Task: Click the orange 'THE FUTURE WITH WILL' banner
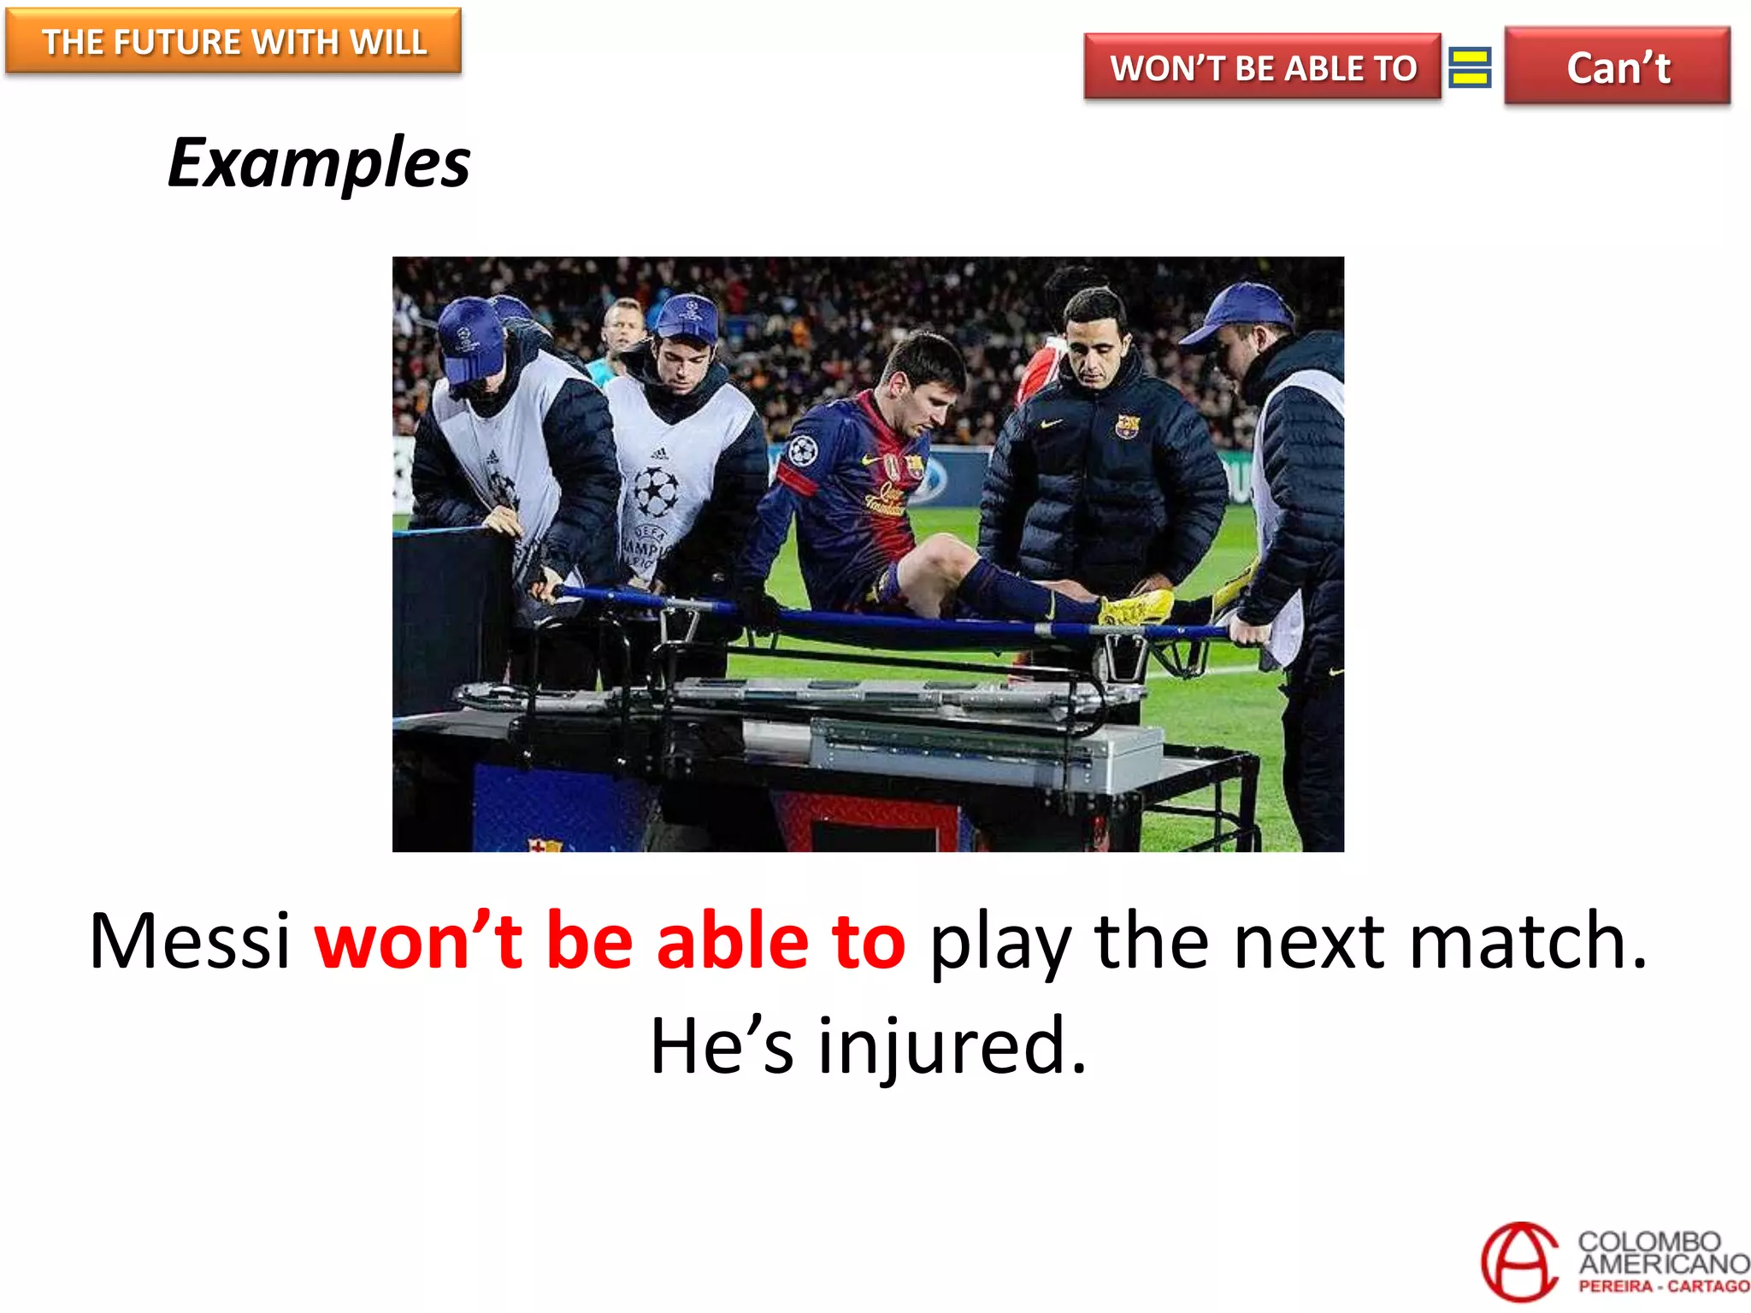[x=233, y=41]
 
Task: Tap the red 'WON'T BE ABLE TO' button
[x=1262, y=68]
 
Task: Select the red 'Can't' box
[x=1617, y=67]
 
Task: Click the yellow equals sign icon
[x=1471, y=68]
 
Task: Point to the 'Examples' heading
[x=319, y=162]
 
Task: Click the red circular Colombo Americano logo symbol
[x=1520, y=1262]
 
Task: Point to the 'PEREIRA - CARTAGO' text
[x=1663, y=1287]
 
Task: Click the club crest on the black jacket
[x=1129, y=425]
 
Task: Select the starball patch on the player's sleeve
[x=801, y=450]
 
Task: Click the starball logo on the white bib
[x=655, y=490]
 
